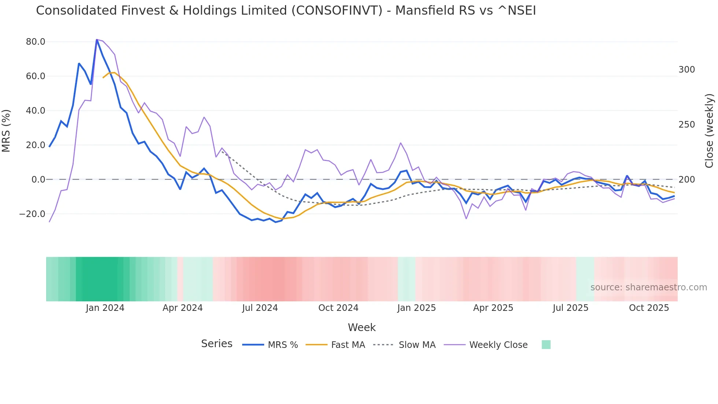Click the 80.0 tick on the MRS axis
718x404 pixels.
tap(36, 42)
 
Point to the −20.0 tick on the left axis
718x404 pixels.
tap(32, 214)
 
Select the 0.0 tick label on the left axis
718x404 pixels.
tap(38, 180)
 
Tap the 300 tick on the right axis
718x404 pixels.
tap(686, 70)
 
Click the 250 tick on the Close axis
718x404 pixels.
tap(686, 125)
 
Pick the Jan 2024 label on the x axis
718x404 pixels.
tap(105, 308)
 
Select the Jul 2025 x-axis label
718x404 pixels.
tap(570, 308)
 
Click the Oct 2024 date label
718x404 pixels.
tap(338, 308)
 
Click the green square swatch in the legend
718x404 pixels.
tap(546, 345)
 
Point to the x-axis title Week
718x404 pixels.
tap(362, 327)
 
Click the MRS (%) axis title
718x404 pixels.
tap(6, 131)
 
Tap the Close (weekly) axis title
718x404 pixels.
tap(709, 131)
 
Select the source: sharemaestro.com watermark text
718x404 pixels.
tap(648, 287)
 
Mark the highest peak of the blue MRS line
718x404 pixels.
tap(97, 40)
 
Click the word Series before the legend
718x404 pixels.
tap(216, 344)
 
